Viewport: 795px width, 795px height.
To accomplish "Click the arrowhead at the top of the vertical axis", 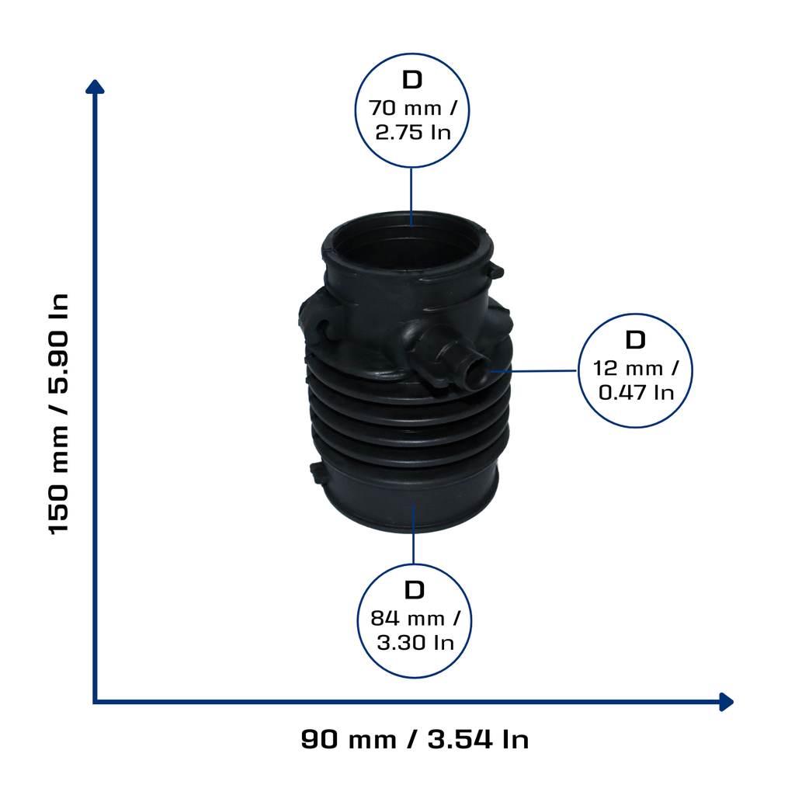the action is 95,87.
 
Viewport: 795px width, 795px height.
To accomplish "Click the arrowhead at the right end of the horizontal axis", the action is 727,702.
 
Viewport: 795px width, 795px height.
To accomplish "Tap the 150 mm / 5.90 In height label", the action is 58,413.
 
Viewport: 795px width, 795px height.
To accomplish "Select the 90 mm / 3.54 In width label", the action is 415,739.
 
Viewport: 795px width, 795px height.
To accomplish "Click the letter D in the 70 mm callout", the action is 412,80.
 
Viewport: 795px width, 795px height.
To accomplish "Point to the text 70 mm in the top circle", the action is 404,108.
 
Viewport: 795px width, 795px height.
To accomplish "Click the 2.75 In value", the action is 413,132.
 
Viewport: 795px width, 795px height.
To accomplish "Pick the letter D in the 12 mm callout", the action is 635,340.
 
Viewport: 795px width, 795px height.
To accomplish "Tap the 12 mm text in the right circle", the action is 627,368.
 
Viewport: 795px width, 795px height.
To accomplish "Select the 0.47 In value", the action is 636,392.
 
